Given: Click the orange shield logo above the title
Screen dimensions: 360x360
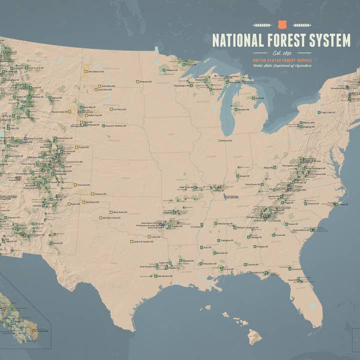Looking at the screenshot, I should pyautogui.click(x=282, y=24).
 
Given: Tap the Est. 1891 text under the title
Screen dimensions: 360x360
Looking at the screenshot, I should pyautogui.click(x=282, y=52).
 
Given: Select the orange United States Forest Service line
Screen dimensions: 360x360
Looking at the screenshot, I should pyautogui.click(x=282, y=60).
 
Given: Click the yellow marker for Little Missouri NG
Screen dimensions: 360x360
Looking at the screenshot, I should pyautogui.click(x=84, y=71).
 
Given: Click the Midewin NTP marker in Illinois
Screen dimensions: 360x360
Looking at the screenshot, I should pyautogui.click(x=219, y=140).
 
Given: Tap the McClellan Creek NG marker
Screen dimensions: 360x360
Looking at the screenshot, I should pyautogui.click(x=100, y=218).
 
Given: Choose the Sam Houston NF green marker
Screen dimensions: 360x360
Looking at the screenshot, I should pyautogui.click(x=155, y=275).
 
